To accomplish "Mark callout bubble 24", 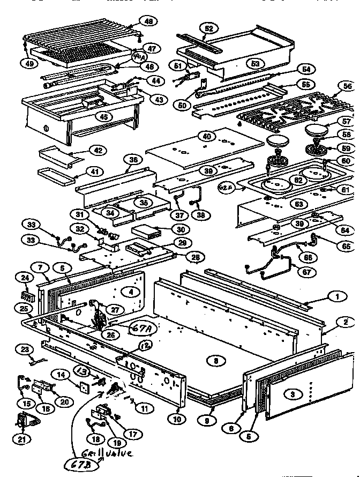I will tap(25, 278).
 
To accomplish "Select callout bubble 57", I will tap(346, 122).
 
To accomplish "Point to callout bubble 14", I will tap(61, 376).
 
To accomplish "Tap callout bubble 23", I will tap(25, 349).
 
